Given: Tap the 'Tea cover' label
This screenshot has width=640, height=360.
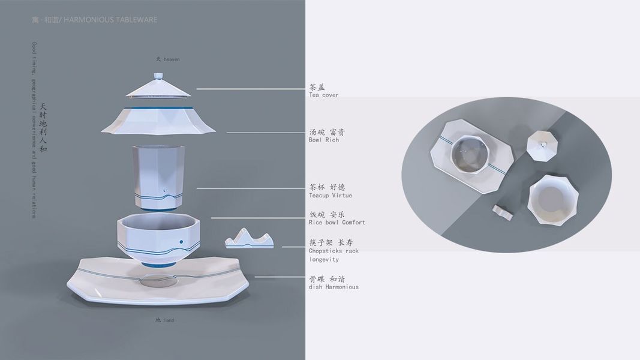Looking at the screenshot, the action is click(324, 95).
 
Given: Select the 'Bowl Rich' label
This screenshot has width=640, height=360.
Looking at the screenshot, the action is click(324, 140).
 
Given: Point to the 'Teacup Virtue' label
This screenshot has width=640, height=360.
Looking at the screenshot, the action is click(330, 195).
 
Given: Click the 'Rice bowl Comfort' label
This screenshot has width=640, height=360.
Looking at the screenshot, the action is click(337, 222).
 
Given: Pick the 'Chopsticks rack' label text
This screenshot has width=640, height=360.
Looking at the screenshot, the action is click(334, 251).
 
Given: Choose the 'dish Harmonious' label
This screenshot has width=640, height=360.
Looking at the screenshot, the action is click(334, 287).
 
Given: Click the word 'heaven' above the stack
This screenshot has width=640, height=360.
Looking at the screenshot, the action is click(172, 59).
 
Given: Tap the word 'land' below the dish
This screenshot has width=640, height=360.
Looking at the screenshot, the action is click(169, 320).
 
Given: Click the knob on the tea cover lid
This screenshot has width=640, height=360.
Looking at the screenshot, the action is click(159, 76).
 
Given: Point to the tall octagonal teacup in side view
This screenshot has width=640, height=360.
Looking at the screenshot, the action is click(158, 177).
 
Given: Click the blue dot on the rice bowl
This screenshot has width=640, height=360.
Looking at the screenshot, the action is click(181, 242).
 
